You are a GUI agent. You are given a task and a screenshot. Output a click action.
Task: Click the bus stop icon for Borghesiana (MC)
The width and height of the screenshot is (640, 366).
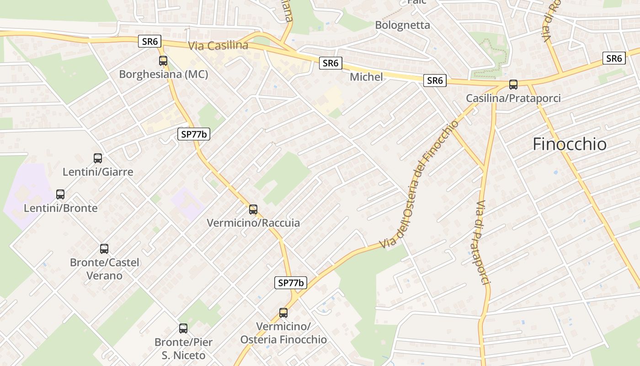(x=163, y=60)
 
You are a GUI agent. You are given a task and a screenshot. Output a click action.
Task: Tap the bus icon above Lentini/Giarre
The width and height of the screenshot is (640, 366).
(x=98, y=158)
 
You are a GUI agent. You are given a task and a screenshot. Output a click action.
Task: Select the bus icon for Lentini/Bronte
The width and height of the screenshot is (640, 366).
(x=60, y=194)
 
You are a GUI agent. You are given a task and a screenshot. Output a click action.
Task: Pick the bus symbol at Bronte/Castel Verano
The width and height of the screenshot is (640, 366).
(x=104, y=249)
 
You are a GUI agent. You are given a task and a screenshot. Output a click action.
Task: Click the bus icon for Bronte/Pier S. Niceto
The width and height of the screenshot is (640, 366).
(x=183, y=328)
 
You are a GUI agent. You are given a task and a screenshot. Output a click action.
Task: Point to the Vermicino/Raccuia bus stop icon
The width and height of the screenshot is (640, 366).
(x=253, y=210)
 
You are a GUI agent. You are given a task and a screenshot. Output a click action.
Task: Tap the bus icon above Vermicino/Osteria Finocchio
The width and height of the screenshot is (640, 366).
(x=283, y=313)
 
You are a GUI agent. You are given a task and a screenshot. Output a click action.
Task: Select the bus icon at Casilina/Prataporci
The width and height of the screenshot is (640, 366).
(x=513, y=85)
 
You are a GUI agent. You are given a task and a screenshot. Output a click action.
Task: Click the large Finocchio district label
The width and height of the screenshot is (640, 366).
(x=570, y=144)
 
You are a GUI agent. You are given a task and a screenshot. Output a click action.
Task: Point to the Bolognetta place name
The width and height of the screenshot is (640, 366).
(x=402, y=25)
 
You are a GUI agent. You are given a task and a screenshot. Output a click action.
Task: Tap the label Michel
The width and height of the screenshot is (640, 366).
(x=366, y=77)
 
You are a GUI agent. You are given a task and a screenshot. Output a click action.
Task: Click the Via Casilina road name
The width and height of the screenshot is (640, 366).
(x=218, y=46)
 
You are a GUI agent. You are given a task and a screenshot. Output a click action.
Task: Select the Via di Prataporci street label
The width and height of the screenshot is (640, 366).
(x=479, y=242)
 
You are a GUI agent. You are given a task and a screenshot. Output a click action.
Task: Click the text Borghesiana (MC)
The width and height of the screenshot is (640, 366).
(x=164, y=74)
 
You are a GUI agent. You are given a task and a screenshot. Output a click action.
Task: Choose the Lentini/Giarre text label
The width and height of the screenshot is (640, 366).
(x=98, y=172)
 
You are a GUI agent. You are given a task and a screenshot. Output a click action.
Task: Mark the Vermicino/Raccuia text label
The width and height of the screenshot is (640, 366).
(x=253, y=223)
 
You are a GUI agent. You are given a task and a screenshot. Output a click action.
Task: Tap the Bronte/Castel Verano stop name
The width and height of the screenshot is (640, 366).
(x=104, y=269)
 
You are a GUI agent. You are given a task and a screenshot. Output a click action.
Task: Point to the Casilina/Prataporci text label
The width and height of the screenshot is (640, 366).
(x=513, y=98)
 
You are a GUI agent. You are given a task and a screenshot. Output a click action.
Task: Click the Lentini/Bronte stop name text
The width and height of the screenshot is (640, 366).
(x=60, y=208)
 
